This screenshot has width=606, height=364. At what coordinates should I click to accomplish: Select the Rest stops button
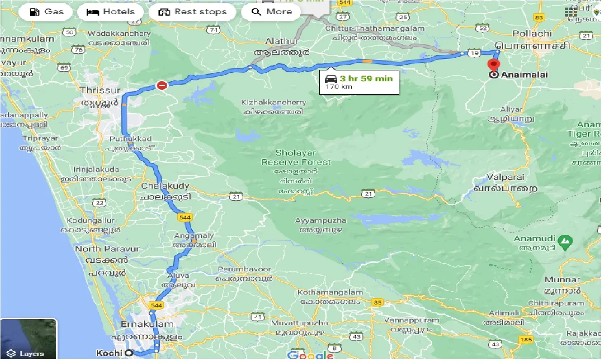pos(192,12)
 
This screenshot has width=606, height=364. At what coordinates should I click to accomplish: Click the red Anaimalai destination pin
pos(494,65)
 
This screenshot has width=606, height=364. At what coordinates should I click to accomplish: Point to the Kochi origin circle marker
pos(129,353)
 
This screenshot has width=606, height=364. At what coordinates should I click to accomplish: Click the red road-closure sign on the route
pos(161,86)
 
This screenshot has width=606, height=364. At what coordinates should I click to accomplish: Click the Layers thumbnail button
pos(28,338)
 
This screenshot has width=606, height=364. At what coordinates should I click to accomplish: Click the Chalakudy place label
pos(165,186)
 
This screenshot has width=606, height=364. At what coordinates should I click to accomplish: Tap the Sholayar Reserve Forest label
pos(296,157)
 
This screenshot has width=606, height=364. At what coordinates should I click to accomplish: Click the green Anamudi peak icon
pos(564,242)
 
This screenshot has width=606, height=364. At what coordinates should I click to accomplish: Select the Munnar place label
pos(562,279)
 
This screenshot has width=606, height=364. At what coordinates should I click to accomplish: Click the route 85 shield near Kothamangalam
pos(377,303)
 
